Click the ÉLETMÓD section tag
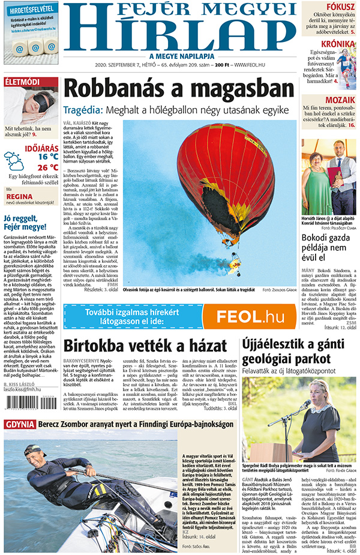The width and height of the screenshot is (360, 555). pos(22,82)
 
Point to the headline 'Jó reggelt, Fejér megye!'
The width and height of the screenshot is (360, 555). pos(25,223)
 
